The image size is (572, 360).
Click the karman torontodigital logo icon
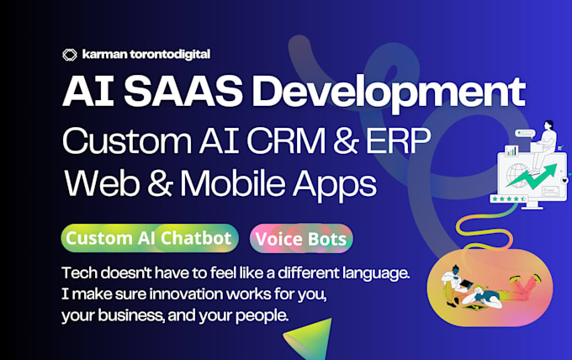point(70,55)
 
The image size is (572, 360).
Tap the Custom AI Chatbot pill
point(150,238)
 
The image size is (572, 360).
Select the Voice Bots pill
point(301,239)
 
